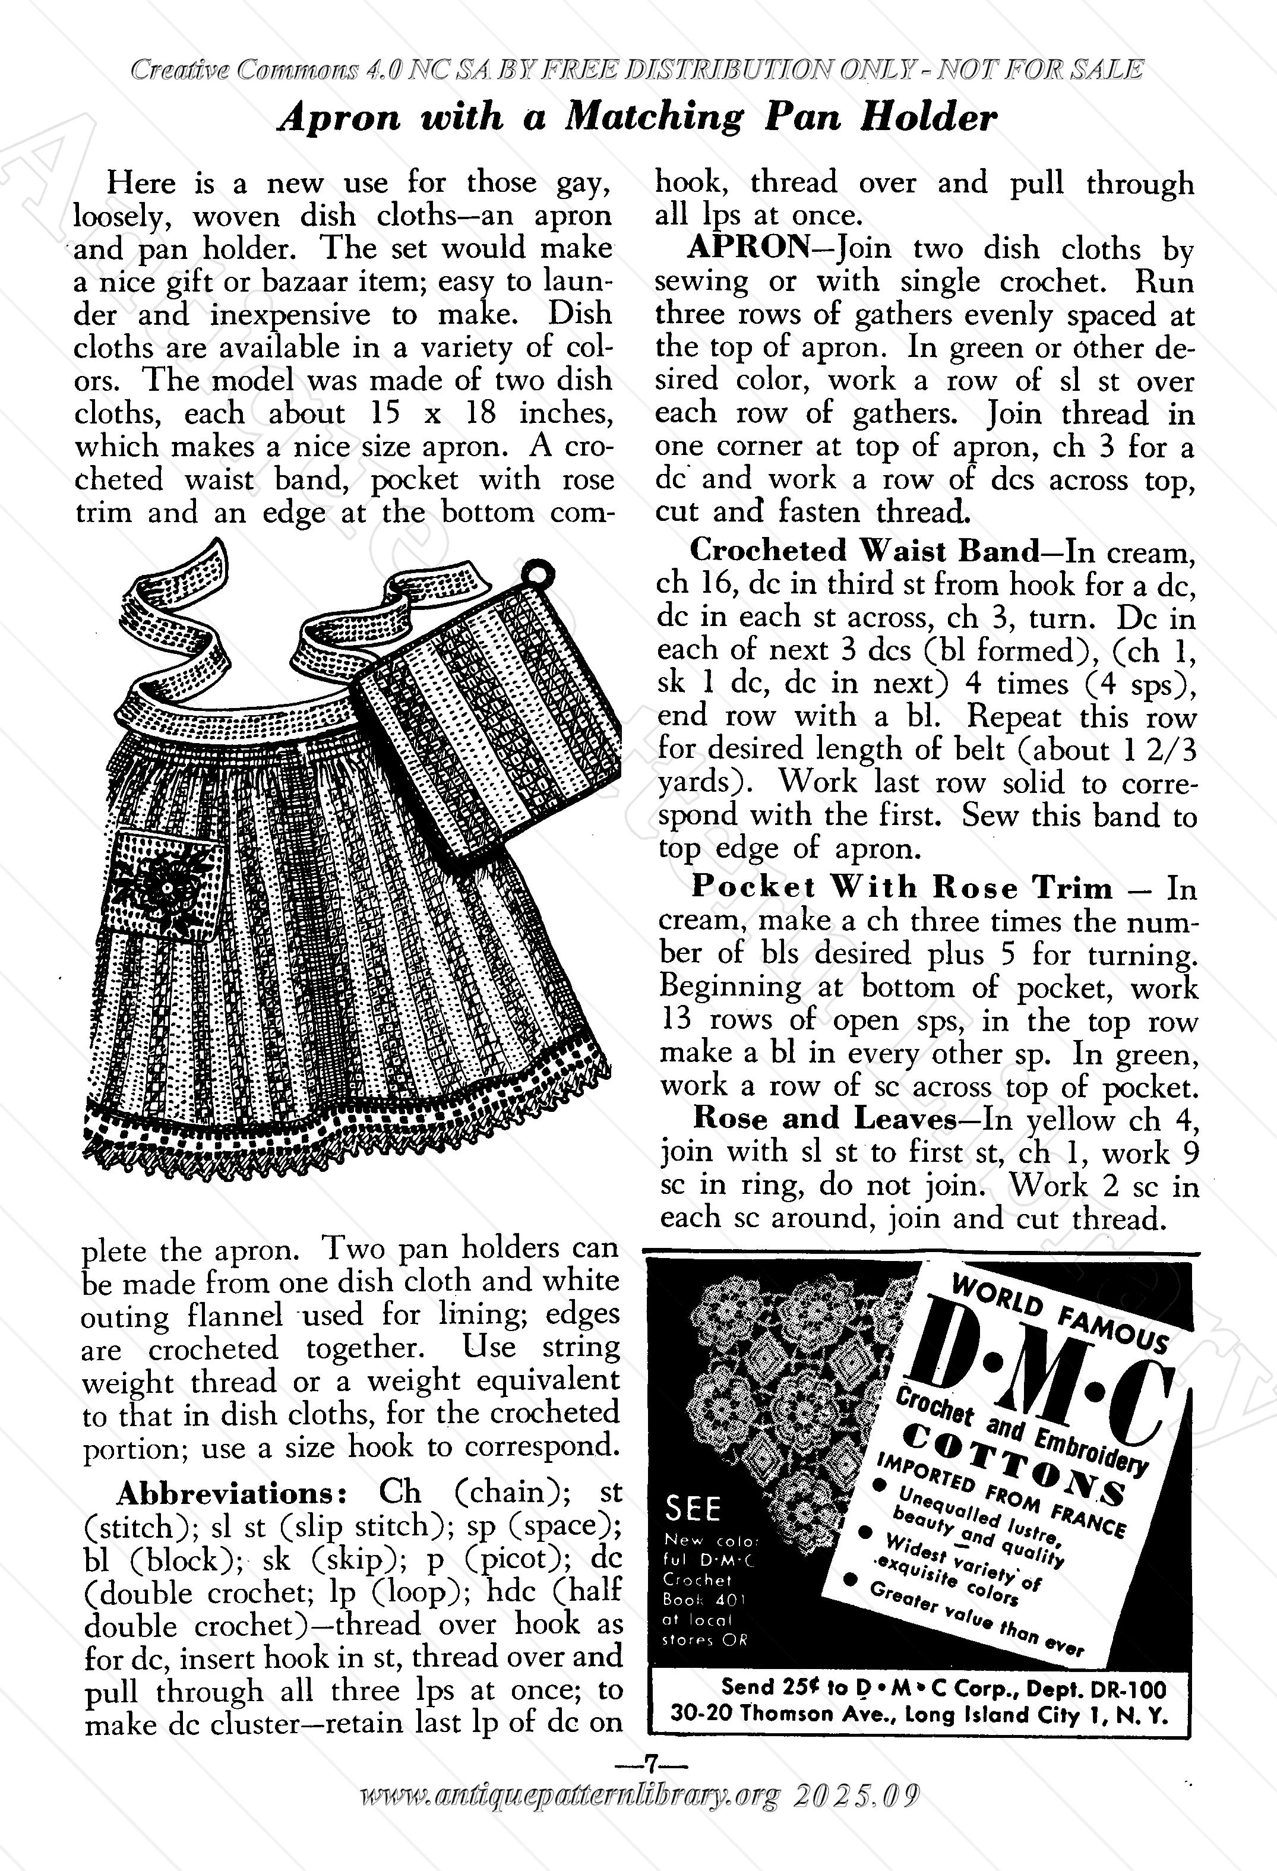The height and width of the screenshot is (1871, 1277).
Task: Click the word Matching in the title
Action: tap(654, 118)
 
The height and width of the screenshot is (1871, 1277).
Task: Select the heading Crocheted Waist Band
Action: tap(865, 551)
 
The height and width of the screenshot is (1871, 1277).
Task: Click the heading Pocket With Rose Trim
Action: tap(902, 887)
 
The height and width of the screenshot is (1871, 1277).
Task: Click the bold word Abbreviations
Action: tap(232, 1493)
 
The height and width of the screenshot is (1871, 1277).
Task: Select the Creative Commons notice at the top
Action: tap(636, 70)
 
